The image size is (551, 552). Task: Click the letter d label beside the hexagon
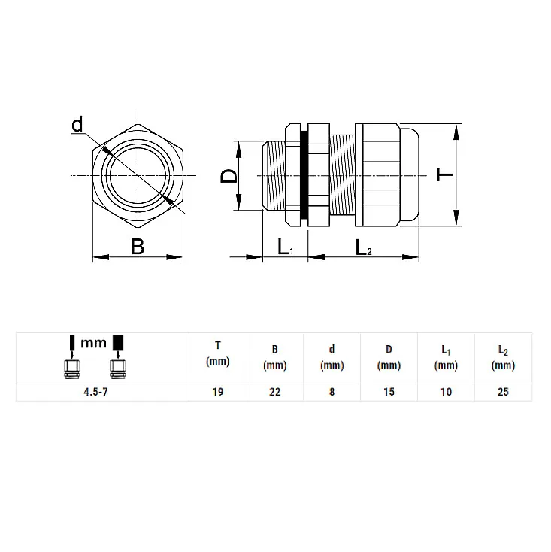(77, 124)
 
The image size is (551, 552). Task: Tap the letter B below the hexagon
(138, 247)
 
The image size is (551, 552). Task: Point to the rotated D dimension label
(229, 176)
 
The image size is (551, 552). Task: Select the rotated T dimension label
(445, 174)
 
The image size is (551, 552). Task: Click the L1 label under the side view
(286, 247)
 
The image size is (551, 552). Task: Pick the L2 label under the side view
(364, 247)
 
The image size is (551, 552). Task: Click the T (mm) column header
(218, 353)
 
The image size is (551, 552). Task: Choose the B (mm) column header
(275, 357)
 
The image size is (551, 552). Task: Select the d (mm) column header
(332, 357)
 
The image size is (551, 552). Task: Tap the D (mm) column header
(389, 357)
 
